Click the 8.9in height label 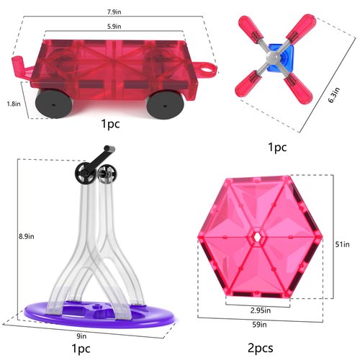point(25,236)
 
